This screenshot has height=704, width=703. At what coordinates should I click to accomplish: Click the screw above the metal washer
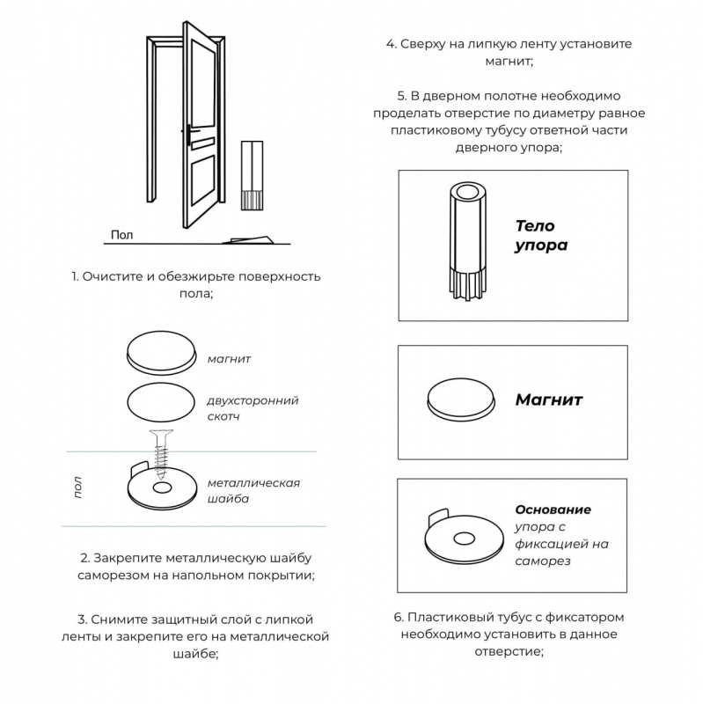pos(161,448)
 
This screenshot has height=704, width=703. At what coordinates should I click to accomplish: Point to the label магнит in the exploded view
pos(230,359)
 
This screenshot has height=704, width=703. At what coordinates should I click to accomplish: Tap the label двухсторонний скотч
pos(253,407)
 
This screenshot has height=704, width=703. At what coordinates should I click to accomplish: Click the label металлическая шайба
pos(253,490)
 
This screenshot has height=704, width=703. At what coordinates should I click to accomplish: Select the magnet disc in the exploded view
pos(161,354)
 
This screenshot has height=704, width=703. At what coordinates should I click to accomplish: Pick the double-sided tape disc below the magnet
pos(161,403)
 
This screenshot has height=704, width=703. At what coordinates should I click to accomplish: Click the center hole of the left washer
pos(161,488)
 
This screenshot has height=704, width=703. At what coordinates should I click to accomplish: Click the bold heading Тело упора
pos(541,236)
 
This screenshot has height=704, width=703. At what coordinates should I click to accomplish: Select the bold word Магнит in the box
pos(549,400)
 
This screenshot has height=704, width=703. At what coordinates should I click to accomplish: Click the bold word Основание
pos(553,510)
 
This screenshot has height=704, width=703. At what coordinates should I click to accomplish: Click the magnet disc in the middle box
pos(460,397)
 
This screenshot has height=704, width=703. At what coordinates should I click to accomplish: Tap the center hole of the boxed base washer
pos(458,538)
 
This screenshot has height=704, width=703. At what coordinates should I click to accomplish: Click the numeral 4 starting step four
pos(390,44)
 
